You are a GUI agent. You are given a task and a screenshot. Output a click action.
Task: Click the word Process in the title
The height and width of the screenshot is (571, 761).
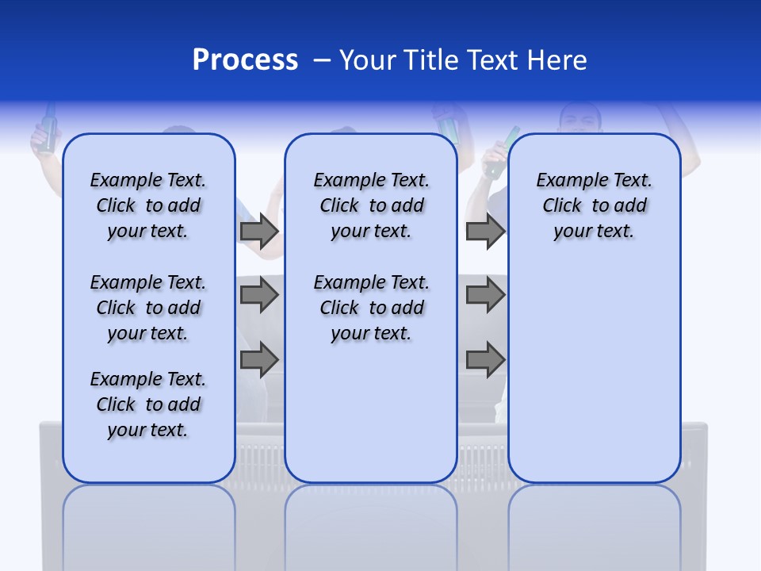[245, 60]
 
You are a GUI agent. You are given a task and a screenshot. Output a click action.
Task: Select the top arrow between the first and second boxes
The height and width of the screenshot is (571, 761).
[259, 231]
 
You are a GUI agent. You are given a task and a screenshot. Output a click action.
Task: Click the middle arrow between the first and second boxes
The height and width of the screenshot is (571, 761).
[259, 295]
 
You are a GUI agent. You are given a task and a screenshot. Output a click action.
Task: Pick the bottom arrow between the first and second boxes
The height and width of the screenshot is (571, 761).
[259, 360]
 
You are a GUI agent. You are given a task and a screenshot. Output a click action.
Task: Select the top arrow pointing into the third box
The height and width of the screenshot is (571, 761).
[485, 231]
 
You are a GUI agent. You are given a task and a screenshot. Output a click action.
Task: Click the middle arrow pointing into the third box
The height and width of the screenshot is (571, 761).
[485, 295]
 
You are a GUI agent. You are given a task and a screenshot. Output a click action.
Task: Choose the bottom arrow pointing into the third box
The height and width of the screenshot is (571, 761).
[485, 360]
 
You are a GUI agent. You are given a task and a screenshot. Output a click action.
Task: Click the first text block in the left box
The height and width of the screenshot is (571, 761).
[148, 205]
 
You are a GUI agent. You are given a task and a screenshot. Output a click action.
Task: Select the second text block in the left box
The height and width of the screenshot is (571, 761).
[148, 308]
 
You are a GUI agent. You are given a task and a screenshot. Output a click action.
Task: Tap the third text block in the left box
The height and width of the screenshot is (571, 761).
[148, 404]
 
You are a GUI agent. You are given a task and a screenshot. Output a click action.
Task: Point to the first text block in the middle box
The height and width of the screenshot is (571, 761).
[371, 205]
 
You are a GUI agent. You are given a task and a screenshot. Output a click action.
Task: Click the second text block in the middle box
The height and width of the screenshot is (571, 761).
[371, 308]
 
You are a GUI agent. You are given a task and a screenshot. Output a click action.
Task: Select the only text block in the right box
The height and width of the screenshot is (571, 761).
[594, 205]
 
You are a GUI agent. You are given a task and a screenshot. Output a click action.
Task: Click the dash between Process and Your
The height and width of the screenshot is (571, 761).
[322, 60]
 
